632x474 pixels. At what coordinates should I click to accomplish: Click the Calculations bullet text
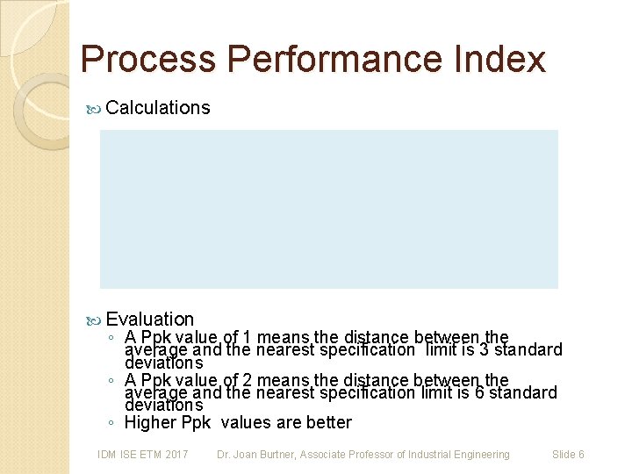tap(157, 108)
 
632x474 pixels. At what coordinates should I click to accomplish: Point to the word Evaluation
tap(149, 320)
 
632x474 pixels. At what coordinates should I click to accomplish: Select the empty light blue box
tap(328, 209)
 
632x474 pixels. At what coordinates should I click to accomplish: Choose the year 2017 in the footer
tap(176, 455)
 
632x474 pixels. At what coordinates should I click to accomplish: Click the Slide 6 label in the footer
tap(568, 455)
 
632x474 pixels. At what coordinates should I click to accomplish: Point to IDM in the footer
tap(107, 455)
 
